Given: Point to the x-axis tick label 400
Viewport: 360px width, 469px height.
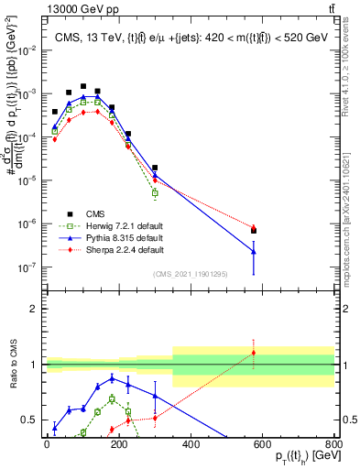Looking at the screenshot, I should tap(191, 444).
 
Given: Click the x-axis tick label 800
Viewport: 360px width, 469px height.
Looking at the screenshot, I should tap(333, 444).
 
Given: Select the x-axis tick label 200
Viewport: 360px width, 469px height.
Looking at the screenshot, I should tap(119, 444).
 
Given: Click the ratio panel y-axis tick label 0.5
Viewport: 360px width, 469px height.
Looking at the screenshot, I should tap(29, 420).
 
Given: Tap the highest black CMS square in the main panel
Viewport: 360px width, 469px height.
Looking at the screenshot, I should tap(83, 86).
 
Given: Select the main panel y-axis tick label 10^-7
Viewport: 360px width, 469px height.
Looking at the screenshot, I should tap(27, 267).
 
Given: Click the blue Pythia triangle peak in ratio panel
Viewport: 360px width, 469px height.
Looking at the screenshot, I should tap(112, 377).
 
